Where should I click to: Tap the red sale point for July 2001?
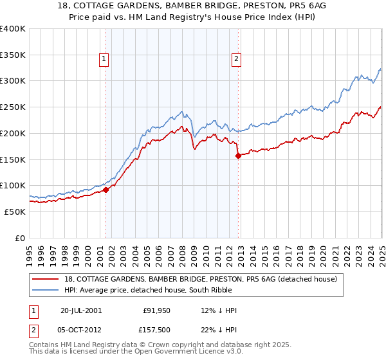(106, 190)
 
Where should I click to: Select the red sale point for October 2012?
(238, 155)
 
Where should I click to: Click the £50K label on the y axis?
(15, 212)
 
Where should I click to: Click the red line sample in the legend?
(45, 279)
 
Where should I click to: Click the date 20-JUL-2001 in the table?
(81, 310)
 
